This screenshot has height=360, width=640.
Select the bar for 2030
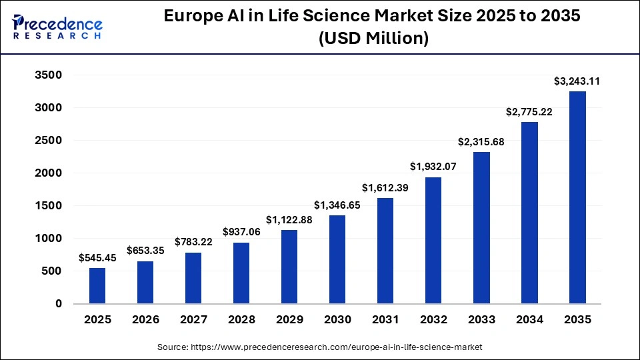coord(337,259)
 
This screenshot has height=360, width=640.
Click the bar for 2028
coord(241,273)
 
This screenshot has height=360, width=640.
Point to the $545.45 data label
coord(97,257)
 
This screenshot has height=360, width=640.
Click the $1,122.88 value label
coord(289,219)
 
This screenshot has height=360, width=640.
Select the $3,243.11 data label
coord(577,81)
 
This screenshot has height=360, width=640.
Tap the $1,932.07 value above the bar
coord(433,167)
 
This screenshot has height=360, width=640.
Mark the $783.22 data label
coord(193,242)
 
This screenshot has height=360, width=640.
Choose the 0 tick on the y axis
coord(58,303)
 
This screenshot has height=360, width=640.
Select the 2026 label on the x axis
coord(145,320)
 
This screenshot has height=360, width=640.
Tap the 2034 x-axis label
coord(529,320)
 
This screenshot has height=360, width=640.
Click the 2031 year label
coord(385,320)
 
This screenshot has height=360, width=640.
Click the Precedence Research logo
coord(57,27)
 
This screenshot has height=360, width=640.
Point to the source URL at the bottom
coord(319,347)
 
